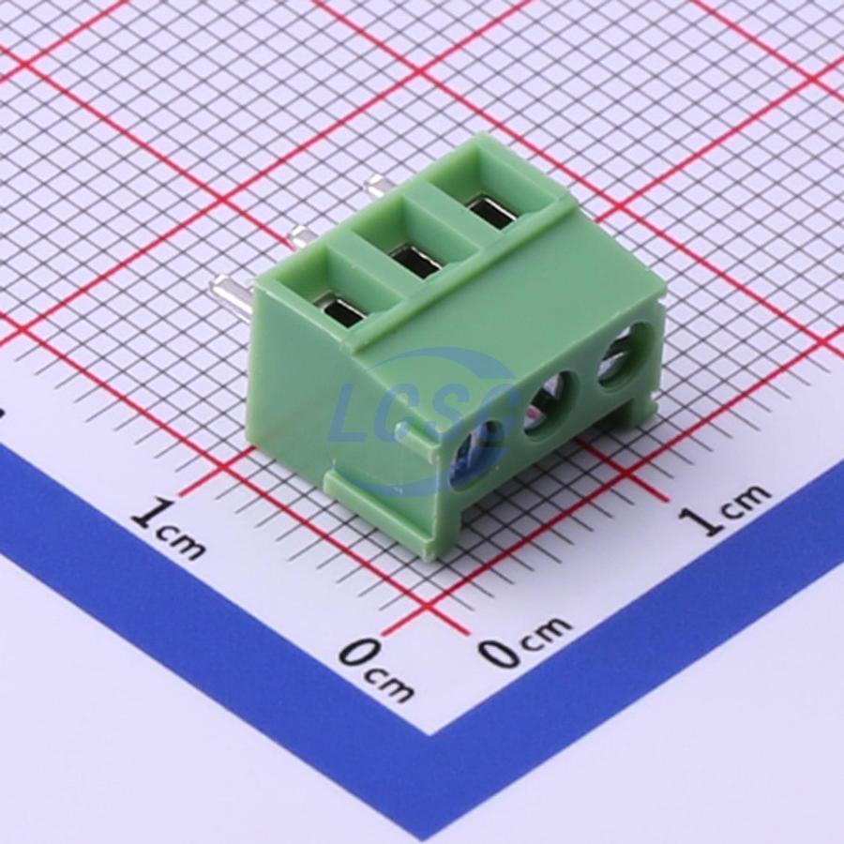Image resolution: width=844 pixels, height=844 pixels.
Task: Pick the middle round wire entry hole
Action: [x=550, y=404]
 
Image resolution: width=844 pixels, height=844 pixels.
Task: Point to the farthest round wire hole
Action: [x=625, y=356]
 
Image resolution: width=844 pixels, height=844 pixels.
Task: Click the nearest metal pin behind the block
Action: [x=234, y=297]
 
